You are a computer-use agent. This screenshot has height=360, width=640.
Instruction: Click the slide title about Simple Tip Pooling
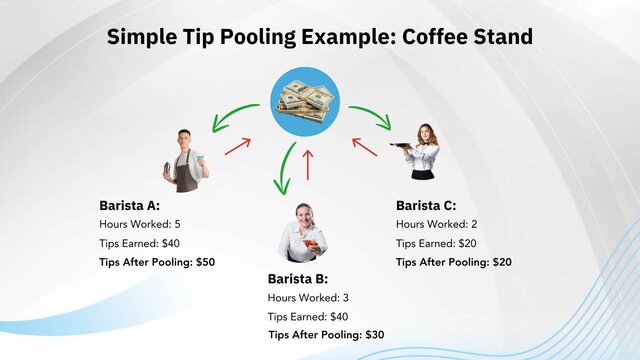[x=320, y=37]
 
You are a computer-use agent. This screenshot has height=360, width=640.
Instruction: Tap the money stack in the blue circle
[x=306, y=100]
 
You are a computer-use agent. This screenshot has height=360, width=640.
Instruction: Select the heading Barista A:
[x=131, y=205]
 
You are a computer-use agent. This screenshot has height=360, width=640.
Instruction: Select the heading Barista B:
[x=297, y=278]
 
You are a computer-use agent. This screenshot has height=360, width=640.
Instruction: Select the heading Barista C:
[x=426, y=205]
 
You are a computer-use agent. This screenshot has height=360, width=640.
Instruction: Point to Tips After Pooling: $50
[x=157, y=262]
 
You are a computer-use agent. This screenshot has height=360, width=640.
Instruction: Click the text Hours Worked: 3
[x=308, y=297]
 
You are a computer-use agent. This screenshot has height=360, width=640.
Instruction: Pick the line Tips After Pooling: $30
[x=326, y=335]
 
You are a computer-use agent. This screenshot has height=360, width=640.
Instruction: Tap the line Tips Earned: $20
[x=436, y=243]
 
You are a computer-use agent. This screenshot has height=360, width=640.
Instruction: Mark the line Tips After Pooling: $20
[x=454, y=262]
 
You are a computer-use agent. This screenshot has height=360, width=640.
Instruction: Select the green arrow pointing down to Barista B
[x=286, y=168]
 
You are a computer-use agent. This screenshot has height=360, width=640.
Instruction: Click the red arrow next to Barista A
[x=237, y=147]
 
